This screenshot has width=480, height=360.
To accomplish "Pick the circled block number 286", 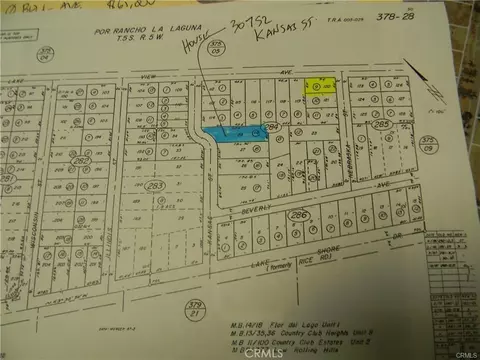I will (x=295, y=214).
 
